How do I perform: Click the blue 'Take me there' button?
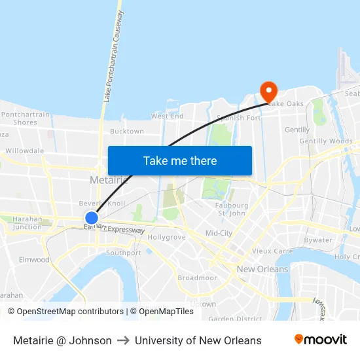179,160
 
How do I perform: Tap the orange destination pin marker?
268,91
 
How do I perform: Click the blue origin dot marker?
92,218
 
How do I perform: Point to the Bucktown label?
127,132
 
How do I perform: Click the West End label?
167,116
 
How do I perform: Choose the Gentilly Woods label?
325,141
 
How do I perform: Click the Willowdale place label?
25,151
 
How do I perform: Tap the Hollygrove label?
166,237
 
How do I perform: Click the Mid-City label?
219,233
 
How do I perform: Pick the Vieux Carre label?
272,251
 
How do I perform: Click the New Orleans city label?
262,269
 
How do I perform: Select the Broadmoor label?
197,278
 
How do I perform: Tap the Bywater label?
318,240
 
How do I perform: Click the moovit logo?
320,340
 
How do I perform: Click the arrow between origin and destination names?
123,340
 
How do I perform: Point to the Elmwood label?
34,260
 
